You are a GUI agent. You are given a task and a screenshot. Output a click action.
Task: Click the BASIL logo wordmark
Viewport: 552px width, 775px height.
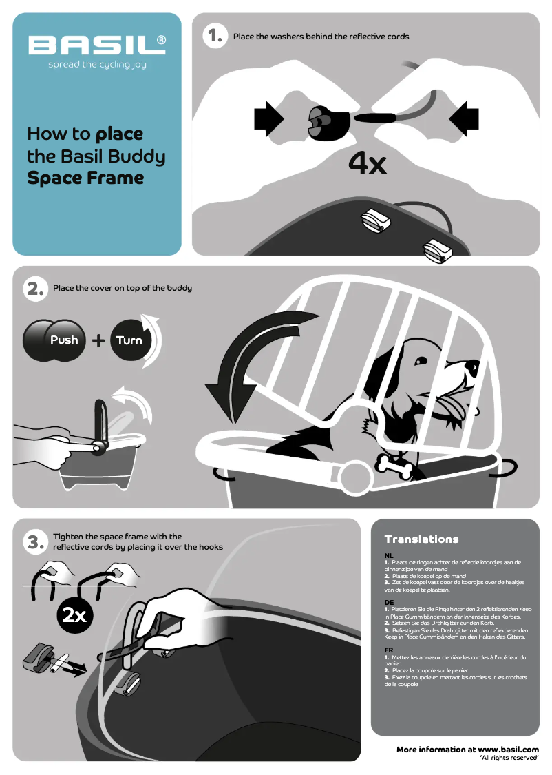97,45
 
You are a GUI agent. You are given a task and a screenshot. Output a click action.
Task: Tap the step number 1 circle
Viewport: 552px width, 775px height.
215,36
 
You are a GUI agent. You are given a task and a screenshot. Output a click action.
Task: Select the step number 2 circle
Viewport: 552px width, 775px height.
36,289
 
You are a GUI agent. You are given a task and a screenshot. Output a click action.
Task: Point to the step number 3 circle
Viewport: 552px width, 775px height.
36,542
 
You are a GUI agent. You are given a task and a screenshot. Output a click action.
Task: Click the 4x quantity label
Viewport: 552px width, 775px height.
368,163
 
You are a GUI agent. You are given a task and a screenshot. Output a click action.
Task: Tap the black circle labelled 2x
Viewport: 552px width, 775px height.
74,615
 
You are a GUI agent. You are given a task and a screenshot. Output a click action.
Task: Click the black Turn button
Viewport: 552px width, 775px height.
130,340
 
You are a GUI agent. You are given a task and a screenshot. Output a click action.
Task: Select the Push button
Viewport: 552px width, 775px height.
54,340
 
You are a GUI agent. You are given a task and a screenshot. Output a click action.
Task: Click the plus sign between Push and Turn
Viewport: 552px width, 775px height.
98,340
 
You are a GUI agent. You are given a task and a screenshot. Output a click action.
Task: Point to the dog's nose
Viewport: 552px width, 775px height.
473,366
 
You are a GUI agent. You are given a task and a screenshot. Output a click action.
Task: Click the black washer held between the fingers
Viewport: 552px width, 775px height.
329,123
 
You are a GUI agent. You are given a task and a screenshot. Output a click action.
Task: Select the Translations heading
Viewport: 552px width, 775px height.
422,539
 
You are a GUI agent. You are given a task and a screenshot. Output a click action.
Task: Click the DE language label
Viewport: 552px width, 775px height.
389,603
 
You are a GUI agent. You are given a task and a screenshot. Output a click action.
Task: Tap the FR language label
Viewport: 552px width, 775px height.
389,650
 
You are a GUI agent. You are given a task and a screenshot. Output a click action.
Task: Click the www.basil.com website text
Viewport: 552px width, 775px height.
509,750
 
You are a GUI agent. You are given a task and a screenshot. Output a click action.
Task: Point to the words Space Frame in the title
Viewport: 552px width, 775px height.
85,178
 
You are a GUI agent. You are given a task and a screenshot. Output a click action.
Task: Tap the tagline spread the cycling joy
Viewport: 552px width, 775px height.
97,65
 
